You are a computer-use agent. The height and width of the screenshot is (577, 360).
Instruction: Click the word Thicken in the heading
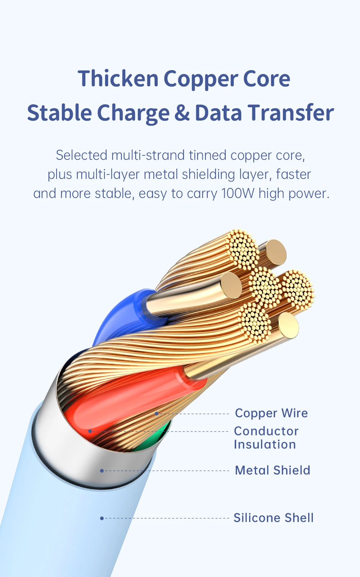pyautogui.click(x=118, y=79)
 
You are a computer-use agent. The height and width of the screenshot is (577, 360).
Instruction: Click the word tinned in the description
pyautogui.click(x=208, y=155)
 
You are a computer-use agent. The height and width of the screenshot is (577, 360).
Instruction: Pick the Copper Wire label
pyautogui.click(x=271, y=413)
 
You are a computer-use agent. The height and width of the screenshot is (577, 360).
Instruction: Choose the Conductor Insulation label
pyautogui.click(x=266, y=438)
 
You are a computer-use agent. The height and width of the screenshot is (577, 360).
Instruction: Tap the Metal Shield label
pyautogui.click(x=272, y=470)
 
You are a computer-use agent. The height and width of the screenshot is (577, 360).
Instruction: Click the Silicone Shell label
pyautogui.click(x=274, y=518)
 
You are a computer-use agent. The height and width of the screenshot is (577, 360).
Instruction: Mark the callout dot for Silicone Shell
pyautogui.click(x=102, y=518)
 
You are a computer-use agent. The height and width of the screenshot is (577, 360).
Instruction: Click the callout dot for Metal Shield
pyautogui.click(x=102, y=471)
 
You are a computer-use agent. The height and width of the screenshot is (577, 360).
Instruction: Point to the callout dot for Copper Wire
pyautogui.click(x=157, y=414)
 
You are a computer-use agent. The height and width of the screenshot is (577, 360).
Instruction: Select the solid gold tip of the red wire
pyautogui.click(x=288, y=326)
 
